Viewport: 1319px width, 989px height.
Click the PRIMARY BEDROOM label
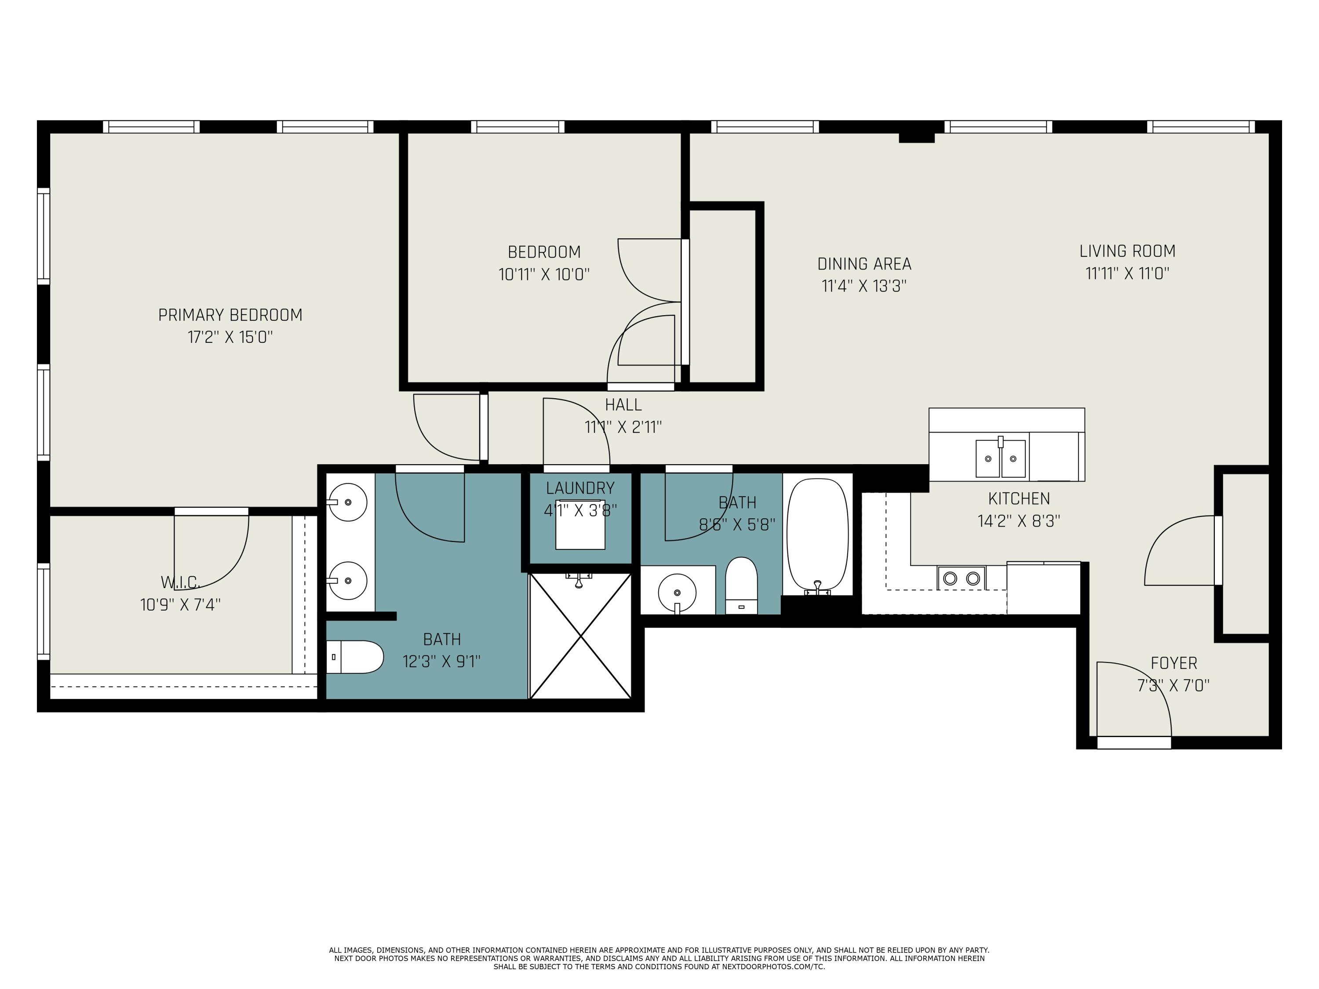coord(230,315)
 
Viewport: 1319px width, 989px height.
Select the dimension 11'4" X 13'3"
coord(864,286)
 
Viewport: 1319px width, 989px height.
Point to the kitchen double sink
coord(1001,458)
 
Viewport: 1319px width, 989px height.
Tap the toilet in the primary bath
coord(355,657)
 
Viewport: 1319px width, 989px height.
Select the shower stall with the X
coord(580,636)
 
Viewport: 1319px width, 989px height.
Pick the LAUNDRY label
coord(580,488)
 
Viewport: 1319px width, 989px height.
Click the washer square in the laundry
coord(580,524)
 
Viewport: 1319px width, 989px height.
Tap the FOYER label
coord(1174,663)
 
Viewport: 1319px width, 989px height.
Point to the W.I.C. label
coord(180,582)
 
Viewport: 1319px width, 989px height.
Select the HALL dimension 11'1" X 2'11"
coord(623,427)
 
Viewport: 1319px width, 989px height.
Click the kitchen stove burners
coord(961,578)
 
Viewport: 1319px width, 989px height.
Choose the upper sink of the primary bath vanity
coord(348,502)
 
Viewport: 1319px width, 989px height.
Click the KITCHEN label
coord(1019,498)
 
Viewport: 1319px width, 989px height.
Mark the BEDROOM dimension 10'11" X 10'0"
coord(544,275)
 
